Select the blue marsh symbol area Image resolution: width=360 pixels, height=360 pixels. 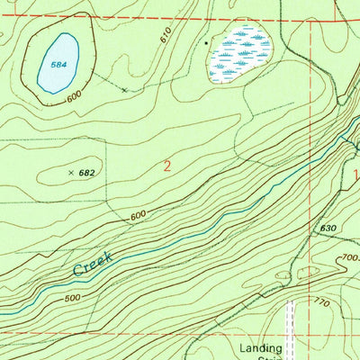[240, 51]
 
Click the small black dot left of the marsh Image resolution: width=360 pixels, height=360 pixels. [205, 41]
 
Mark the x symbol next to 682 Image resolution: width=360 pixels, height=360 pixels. [71, 171]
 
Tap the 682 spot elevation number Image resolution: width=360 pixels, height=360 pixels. [87, 171]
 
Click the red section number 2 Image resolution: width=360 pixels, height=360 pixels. [167, 166]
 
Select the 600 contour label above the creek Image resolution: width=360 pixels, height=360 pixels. [137, 216]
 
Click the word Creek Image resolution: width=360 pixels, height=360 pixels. [93, 264]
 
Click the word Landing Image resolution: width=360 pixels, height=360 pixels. [261, 347]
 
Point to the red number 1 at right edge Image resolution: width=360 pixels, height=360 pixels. [355, 175]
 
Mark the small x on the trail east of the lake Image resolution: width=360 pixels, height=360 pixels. [123, 90]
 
